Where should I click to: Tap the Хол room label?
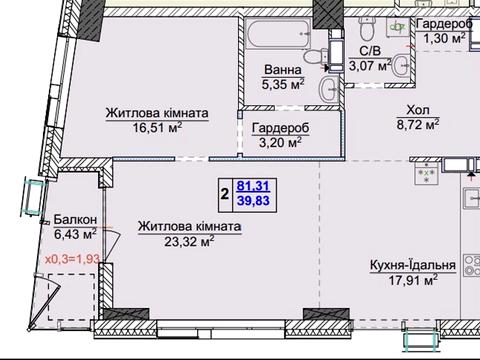(x=418, y=112)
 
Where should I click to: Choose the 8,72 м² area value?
(x=418, y=127)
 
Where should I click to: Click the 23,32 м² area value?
(x=176, y=241)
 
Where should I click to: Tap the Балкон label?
(x=76, y=219)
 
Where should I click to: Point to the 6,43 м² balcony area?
(x=76, y=234)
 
